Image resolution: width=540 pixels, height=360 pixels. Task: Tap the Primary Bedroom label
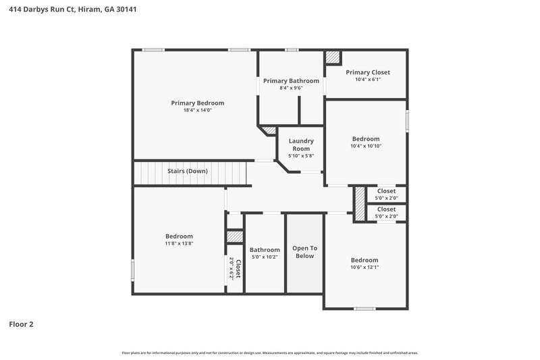coord(197,103)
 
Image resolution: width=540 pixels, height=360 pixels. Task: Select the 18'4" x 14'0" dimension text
coord(197,110)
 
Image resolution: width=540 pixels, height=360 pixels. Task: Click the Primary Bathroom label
coord(291,80)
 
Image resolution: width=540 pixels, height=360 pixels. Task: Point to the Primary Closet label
coord(368,72)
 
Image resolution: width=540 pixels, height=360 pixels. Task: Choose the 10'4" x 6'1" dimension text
coord(368,80)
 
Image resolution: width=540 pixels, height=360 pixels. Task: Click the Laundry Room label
coord(301,145)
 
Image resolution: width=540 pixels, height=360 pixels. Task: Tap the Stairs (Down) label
coord(187,171)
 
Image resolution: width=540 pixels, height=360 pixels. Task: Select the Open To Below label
coord(304,252)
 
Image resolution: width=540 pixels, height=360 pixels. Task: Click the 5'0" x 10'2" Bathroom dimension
coord(265,257)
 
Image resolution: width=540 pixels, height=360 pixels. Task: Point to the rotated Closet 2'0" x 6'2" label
coord(234,268)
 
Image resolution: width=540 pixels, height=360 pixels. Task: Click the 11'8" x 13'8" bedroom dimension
coord(179,243)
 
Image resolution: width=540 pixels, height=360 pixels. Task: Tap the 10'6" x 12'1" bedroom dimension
coord(364,267)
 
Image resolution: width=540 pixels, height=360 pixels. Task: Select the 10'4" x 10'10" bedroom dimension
coord(365,146)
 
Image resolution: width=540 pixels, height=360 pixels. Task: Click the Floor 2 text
coord(21,324)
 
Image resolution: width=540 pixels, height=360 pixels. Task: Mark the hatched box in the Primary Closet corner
coord(333,57)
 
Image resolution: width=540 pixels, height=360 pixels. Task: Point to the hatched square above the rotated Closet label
coord(234,236)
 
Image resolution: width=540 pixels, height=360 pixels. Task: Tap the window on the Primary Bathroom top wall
coord(292,49)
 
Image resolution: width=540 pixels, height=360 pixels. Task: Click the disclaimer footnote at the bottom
coord(270,353)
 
